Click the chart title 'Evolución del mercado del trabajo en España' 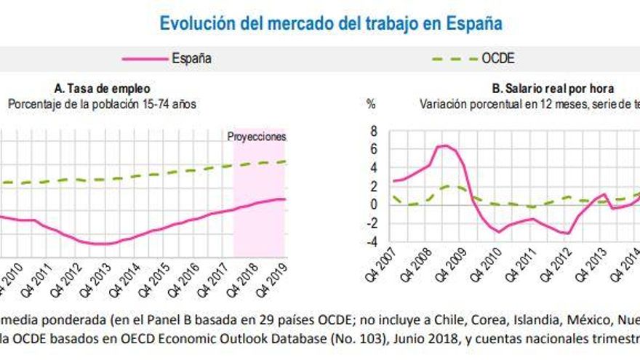pyautogui.click(x=331, y=23)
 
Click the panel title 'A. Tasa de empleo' pyautogui.click(x=101, y=89)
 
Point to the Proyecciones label pyautogui.click(x=257, y=136)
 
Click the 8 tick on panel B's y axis pyautogui.click(x=374, y=132)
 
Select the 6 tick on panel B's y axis pyautogui.click(x=374, y=150)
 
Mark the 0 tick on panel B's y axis pyautogui.click(x=374, y=204)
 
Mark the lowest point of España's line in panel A pyautogui.click(x=102, y=244)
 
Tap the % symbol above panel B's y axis pyautogui.click(x=371, y=104)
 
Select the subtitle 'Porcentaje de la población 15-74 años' pyautogui.click(x=102, y=104)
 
